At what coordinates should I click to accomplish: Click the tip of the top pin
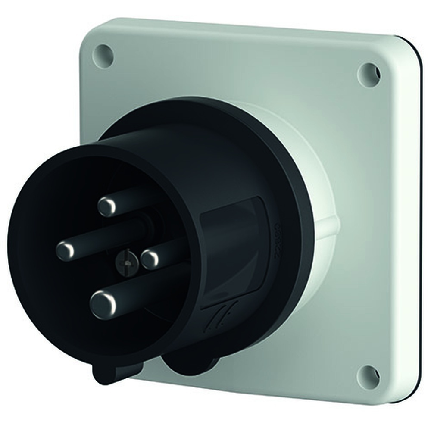coord(106,206)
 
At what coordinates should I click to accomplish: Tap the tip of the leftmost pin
coord(66,251)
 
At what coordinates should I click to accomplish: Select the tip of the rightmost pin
coord(150,259)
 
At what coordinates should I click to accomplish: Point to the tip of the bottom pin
coord(103,304)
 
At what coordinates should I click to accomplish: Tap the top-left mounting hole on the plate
coord(103,56)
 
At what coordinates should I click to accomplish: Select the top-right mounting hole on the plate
coord(369,74)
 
